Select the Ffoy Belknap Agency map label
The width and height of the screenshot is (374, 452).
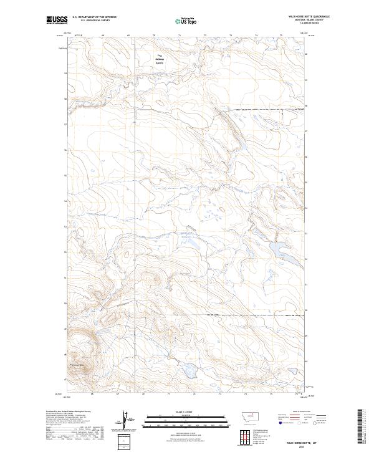160,60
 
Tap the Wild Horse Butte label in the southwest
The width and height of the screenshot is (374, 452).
79,365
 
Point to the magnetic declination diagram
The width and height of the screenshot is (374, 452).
124,421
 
